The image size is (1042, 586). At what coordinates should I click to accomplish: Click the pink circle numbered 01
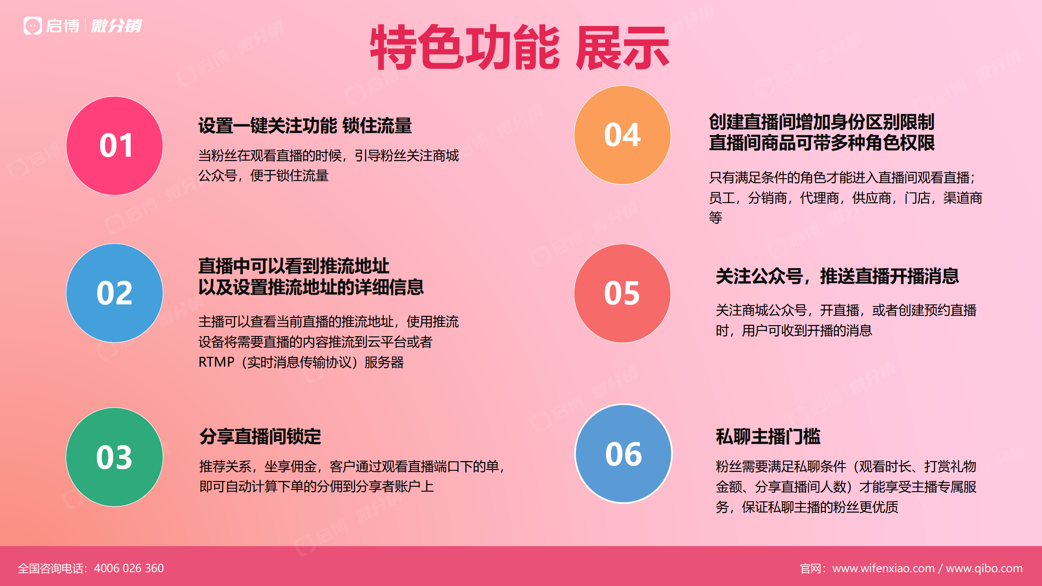[x=114, y=146]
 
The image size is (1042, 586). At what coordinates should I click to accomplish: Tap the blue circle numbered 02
[x=114, y=293]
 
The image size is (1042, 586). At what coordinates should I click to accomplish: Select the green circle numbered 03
[x=114, y=457]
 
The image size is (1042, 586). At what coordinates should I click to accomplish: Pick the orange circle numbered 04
[x=622, y=135]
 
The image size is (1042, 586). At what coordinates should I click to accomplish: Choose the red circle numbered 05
[x=622, y=293]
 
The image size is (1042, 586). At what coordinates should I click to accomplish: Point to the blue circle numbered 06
[x=623, y=454]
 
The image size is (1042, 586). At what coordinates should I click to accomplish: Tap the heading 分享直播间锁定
[x=260, y=437]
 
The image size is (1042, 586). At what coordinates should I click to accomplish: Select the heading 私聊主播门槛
[x=768, y=437]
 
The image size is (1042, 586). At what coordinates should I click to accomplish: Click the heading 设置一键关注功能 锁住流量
[x=305, y=125]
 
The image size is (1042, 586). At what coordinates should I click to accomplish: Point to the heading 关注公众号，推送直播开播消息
[x=837, y=276]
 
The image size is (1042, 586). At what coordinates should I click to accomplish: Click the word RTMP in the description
[x=217, y=362]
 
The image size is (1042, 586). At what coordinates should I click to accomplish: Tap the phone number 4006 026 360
[x=129, y=568]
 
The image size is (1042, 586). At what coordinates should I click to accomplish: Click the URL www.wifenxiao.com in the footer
[x=883, y=568]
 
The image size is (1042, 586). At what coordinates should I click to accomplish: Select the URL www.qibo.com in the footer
[x=984, y=568]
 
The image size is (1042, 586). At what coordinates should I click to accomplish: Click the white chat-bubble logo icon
[x=33, y=26]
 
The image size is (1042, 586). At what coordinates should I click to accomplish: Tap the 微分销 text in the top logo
[x=116, y=26]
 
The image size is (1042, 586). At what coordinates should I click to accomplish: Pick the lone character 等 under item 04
[x=716, y=217]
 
